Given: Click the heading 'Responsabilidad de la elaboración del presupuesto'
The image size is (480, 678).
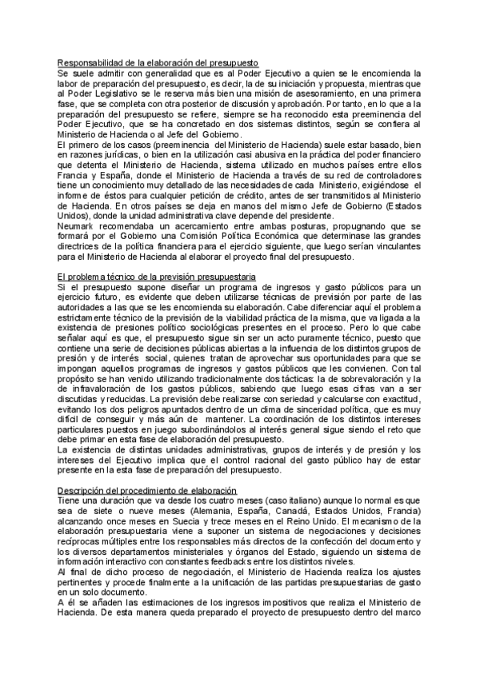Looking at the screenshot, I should (x=163, y=62).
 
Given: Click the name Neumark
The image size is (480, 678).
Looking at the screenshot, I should (x=77, y=225).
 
